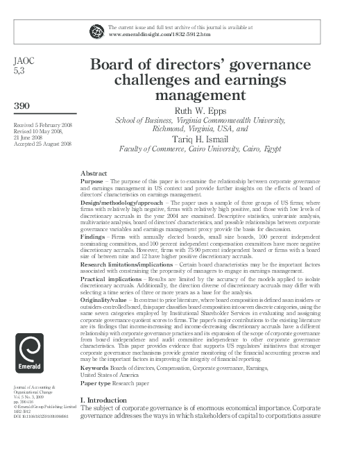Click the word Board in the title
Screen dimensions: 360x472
tap(112, 66)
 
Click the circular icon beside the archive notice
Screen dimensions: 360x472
tap(95, 29)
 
